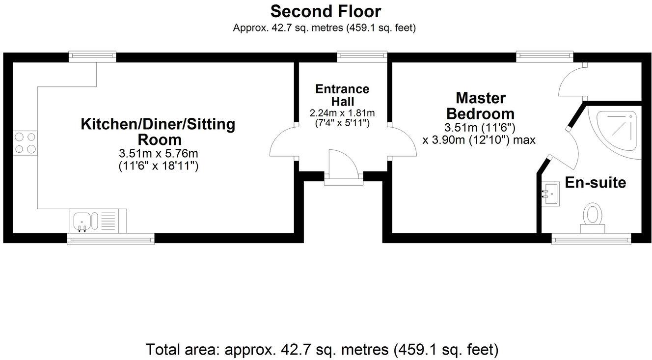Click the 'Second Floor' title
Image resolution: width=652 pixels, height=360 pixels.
click(x=326, y=11)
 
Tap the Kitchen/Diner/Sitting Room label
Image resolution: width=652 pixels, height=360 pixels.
click(x=158, y=131)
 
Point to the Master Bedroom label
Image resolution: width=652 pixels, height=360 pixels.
click(x=480, y=106)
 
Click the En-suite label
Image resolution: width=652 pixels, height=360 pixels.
click(x=596, y=183)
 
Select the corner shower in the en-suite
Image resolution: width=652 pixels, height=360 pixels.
click(x=616, y=130)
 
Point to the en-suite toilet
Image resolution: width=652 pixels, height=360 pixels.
click(x=593, y=219)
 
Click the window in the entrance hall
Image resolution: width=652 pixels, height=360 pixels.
click(x=362, y=57)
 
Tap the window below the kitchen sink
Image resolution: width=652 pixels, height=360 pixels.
click(x=110, y=239)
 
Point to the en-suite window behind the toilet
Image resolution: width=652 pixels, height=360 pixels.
click(x=591, y=239)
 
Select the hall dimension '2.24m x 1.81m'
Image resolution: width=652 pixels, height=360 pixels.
click(x=342, y=113)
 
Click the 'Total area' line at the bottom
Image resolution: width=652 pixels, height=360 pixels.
click(x=322, y=350)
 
